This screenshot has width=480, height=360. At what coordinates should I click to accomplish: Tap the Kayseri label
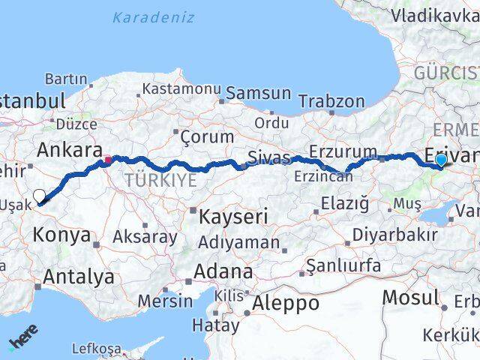(x=233, y=217)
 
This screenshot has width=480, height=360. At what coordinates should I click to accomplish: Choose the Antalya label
(x=78, y=277)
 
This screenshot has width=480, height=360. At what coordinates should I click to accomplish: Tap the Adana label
(x=223, y=271)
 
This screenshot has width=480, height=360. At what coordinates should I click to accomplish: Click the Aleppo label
(x=284, y=303)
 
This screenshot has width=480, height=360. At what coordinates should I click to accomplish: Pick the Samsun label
(x=258, y=93)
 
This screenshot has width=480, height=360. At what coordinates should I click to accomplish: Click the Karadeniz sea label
(x=154, y=17)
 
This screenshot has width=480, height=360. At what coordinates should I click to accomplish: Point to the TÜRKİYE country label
(x=160, y=180)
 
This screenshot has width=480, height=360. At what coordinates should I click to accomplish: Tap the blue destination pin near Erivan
(x=441, y=160)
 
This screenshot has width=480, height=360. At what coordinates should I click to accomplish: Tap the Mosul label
(x=409, y=297)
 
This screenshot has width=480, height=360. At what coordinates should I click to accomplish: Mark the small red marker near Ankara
(x=108, y=159)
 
